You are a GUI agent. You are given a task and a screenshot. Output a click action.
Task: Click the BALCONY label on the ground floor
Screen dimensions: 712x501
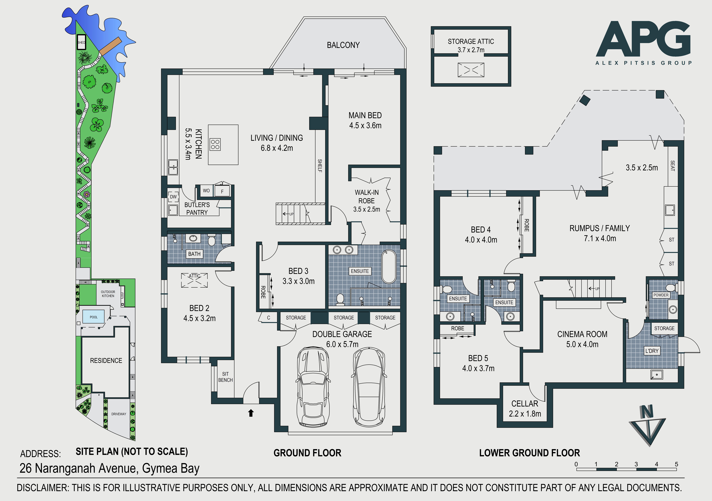[343, 45]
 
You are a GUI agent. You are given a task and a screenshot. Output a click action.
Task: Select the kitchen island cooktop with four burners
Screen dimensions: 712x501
[215, 144]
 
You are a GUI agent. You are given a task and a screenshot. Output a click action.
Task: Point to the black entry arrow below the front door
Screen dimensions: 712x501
[251, 413]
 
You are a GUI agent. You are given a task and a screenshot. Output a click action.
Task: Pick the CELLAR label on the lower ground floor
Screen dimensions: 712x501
[525, 404]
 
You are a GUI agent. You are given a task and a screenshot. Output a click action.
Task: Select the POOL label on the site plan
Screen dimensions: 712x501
[94, 317]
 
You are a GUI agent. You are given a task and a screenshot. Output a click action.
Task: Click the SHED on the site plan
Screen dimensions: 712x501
[81, 42]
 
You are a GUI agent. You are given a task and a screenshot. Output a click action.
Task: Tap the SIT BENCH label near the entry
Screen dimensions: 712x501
[225, 377]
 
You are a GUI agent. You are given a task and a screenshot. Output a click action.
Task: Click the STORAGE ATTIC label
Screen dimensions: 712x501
[471, 42]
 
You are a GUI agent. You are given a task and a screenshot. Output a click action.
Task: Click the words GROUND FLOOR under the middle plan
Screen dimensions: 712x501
[307, 453]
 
